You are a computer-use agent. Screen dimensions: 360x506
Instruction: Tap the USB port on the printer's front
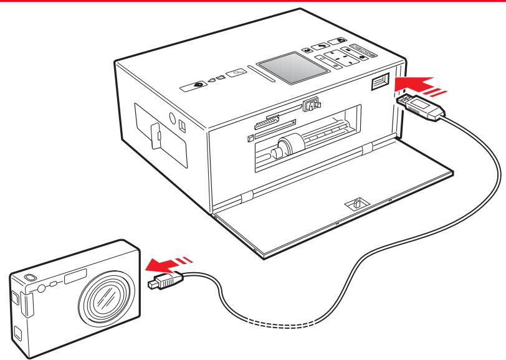tap(381, 82)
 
